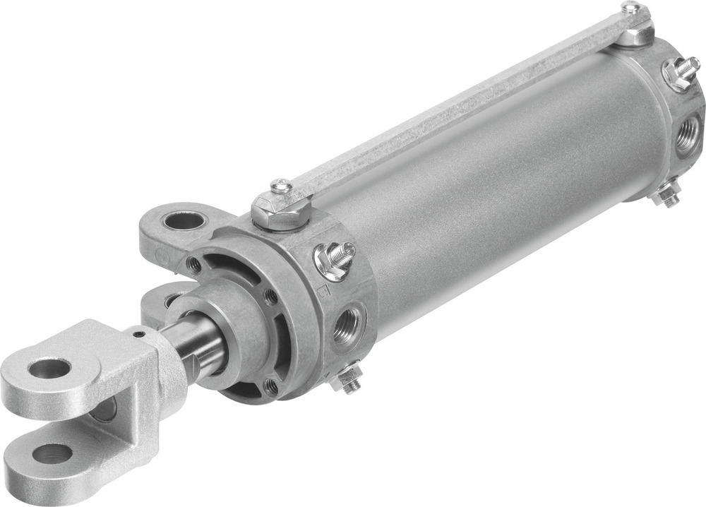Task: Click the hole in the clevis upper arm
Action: coord(49,367)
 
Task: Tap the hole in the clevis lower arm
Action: coord(52,453)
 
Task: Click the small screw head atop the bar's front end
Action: coord(280,186)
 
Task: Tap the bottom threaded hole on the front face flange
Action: coord(270,386)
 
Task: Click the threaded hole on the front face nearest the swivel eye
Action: coord(193,264)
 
